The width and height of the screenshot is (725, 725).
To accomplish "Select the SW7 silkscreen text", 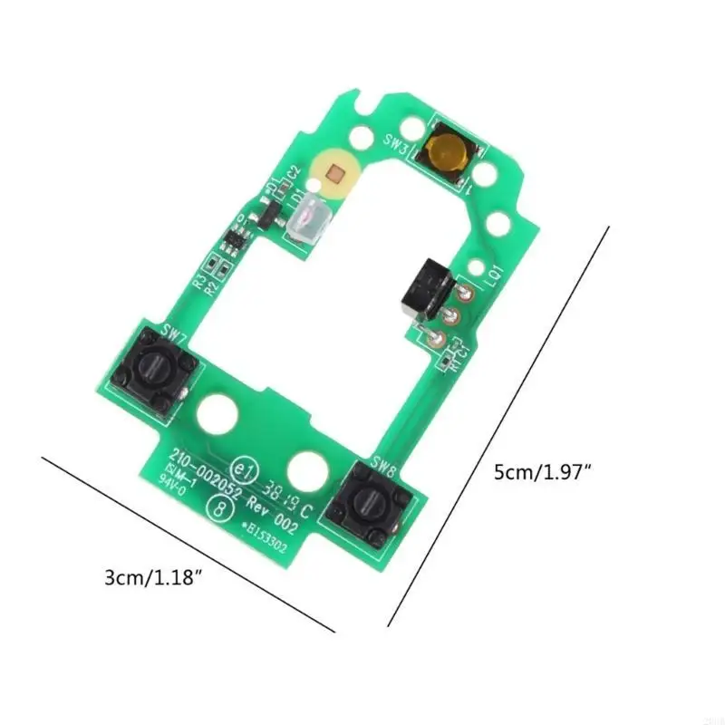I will click(174, 333).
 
